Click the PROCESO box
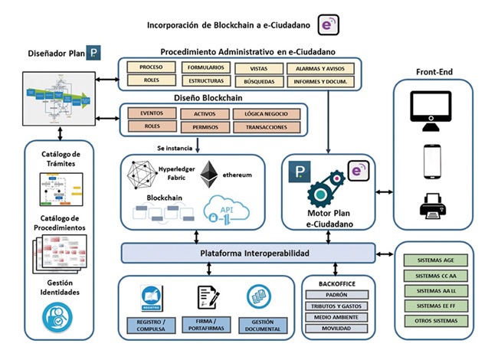point(151,67)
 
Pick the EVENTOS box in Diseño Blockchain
point(151,113)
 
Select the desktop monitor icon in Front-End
point(433,107)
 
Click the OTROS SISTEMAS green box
point(434,321)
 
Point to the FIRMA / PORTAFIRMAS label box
point(208,326)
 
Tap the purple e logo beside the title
point(328,24)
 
